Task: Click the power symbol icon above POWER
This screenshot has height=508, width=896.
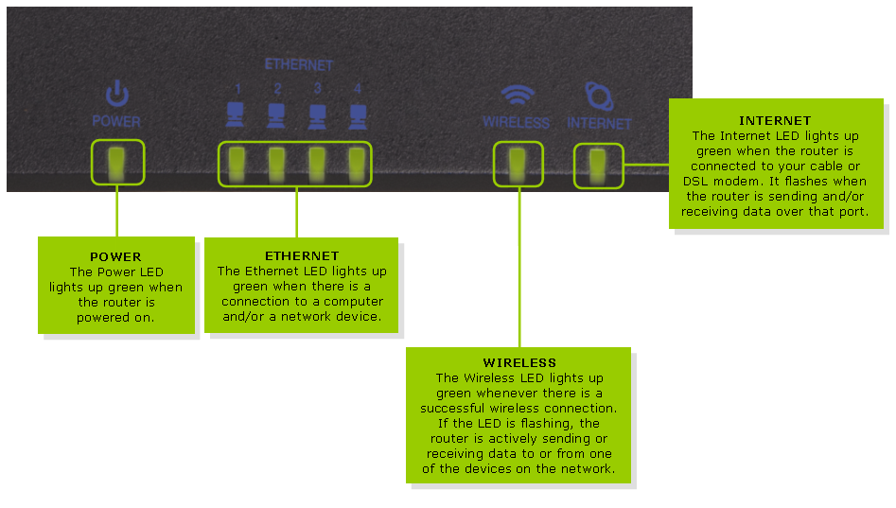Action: (x=116, y=94)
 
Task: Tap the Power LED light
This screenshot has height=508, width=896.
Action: (x=117, y=162)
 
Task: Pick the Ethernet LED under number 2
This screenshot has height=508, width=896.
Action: (x=277, y=163)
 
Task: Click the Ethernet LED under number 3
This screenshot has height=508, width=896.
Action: (x=317, y=163)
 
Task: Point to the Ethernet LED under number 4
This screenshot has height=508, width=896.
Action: (x=357, y=163)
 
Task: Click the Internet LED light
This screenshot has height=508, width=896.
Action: (x=598, y=165)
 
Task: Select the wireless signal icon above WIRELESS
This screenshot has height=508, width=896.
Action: (x=517, y=96)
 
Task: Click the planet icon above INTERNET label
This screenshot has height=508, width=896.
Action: (x=598, y=96)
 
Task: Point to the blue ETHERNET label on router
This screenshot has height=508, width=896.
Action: (x=298, y=65)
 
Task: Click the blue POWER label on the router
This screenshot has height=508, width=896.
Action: (x=116, y=122)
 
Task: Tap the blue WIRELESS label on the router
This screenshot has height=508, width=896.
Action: (x=516, y=123)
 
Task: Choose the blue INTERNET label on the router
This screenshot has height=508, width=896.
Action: (x=599, y=123)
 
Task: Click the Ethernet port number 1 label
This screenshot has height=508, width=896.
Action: (x=238, y=89)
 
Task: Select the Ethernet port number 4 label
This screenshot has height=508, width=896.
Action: (x=357, y=89)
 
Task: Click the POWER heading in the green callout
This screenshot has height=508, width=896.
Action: (x=115, y=256)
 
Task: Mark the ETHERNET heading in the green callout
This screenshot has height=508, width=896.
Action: (x=302, y=255)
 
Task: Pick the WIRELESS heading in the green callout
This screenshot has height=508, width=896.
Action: (x=519, y=362)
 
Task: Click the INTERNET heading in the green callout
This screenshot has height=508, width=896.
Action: (x=775, y=120)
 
